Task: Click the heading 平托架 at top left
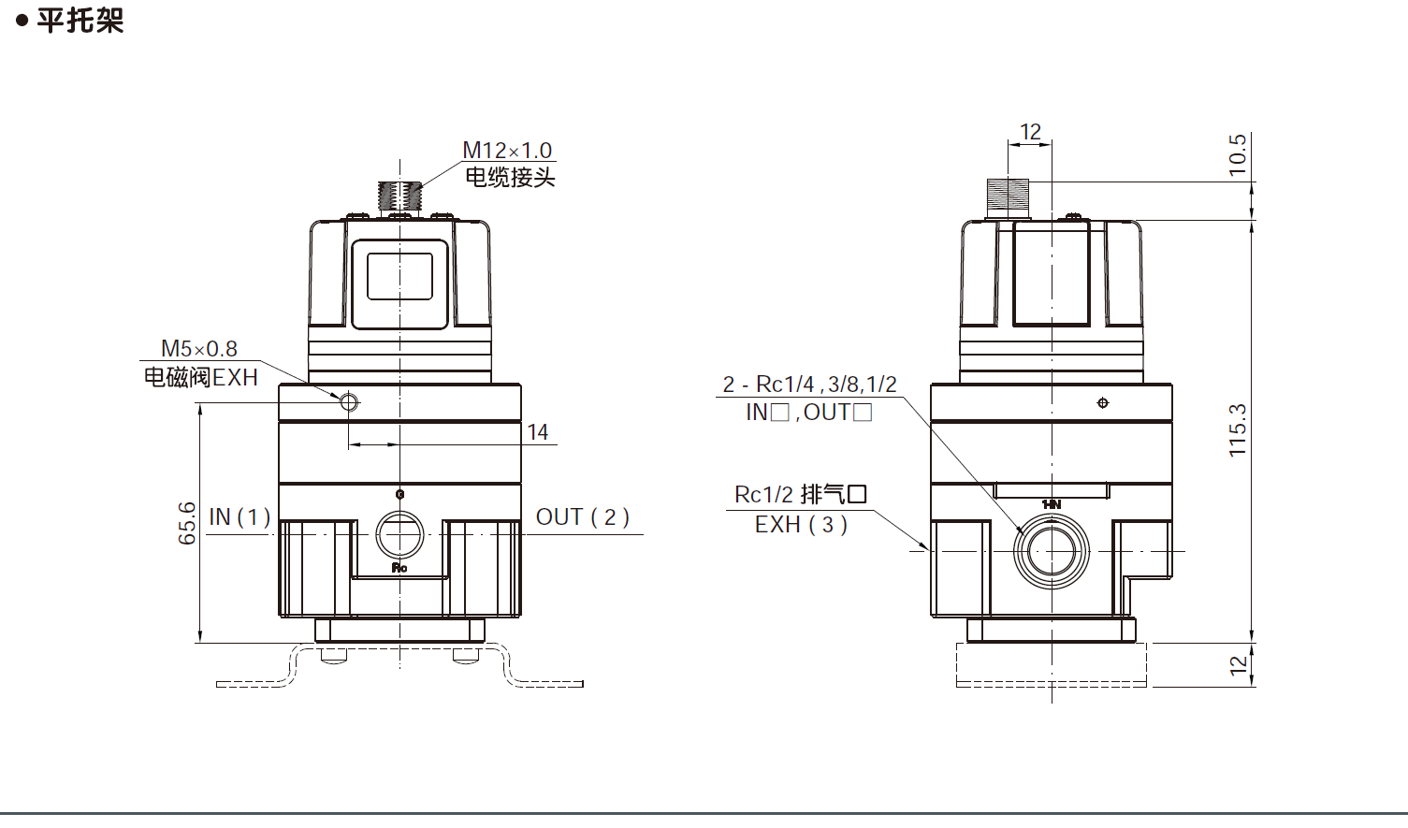coord(80,21)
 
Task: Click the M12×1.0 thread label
coord(507,150)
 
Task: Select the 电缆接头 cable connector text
coord(510,177)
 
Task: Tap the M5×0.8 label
coord(199,349)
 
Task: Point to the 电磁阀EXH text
coord(200,377)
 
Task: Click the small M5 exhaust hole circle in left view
coord(349,402)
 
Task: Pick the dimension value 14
coord(538,432)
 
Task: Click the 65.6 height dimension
coord(187,523)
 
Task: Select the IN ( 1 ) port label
coord(240,517)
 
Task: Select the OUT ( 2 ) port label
coord(582,517)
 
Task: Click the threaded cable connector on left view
coord(400,196)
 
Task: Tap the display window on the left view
coord(399,277)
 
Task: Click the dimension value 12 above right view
coord(1030,132)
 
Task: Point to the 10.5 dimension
coord(1238,155)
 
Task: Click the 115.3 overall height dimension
coord(1238,430)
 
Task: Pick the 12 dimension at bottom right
coord(1238,665)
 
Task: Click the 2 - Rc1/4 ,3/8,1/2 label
coord(809,385)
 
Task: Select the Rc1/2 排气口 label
coord(801,494)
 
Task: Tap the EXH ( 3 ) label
coord(801,525)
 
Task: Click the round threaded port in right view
coord(1052,551)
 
